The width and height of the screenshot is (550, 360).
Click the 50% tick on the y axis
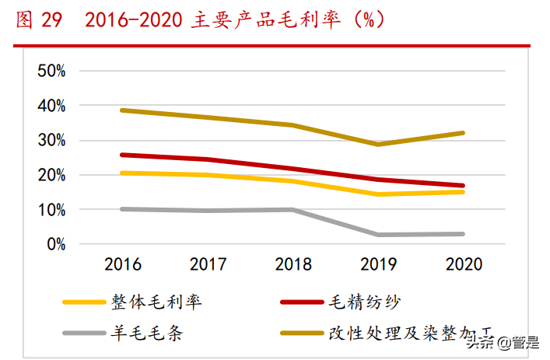pyautogui.click(x=51, y=71)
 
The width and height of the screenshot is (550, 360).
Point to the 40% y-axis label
pyautogui.click(x=51, y=106)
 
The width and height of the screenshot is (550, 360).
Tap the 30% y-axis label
pyautogui.click(x=51, y=141)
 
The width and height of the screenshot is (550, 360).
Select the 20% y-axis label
pyautogui.click(x=51, y=175)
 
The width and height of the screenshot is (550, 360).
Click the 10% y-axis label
pyautogui.click(x=51, y=210)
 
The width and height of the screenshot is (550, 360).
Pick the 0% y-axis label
pyautogui.click(x=56, y=244)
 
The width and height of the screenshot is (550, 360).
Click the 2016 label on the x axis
pyautogui.click(x=123, y=264)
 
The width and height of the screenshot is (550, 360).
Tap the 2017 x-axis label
pyautogui.click(x=208, y=264)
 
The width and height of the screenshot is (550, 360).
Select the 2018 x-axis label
pyautogui.click(x=293, y=264)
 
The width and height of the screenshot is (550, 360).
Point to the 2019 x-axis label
pyautogui.click(x=379, y=264)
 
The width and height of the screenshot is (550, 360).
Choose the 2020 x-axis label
pyautogui.click(x=464, y=264)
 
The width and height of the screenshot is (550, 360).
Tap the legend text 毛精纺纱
pyautogui.click(x=365, y=302)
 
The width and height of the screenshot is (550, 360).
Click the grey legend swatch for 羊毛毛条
pyautogui.click(x=83, y=334)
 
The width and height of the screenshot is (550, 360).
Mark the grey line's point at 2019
pyautogui.click(x=379, y=235)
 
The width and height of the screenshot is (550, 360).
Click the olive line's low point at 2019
pyautogui.click(x=379, y=145)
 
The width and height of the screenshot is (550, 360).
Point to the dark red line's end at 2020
pyautogui.click(x=464, y=186)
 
